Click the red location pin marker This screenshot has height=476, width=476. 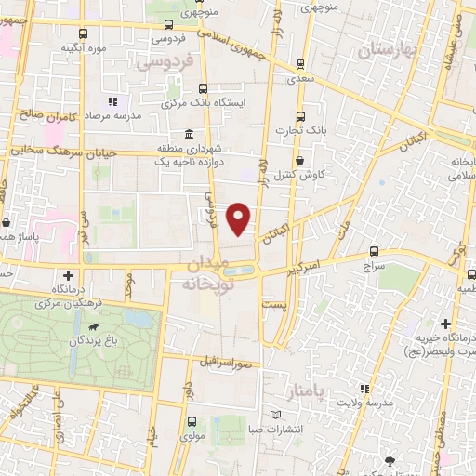tap(240, 218)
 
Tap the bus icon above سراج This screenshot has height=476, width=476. tap(375, 251)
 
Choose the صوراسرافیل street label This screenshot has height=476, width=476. tap(222, 361)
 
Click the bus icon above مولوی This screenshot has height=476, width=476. tap(192, 421)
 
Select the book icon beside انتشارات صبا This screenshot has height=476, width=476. tap(273, 415)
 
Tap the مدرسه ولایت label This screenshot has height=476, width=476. tap(362, 403)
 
